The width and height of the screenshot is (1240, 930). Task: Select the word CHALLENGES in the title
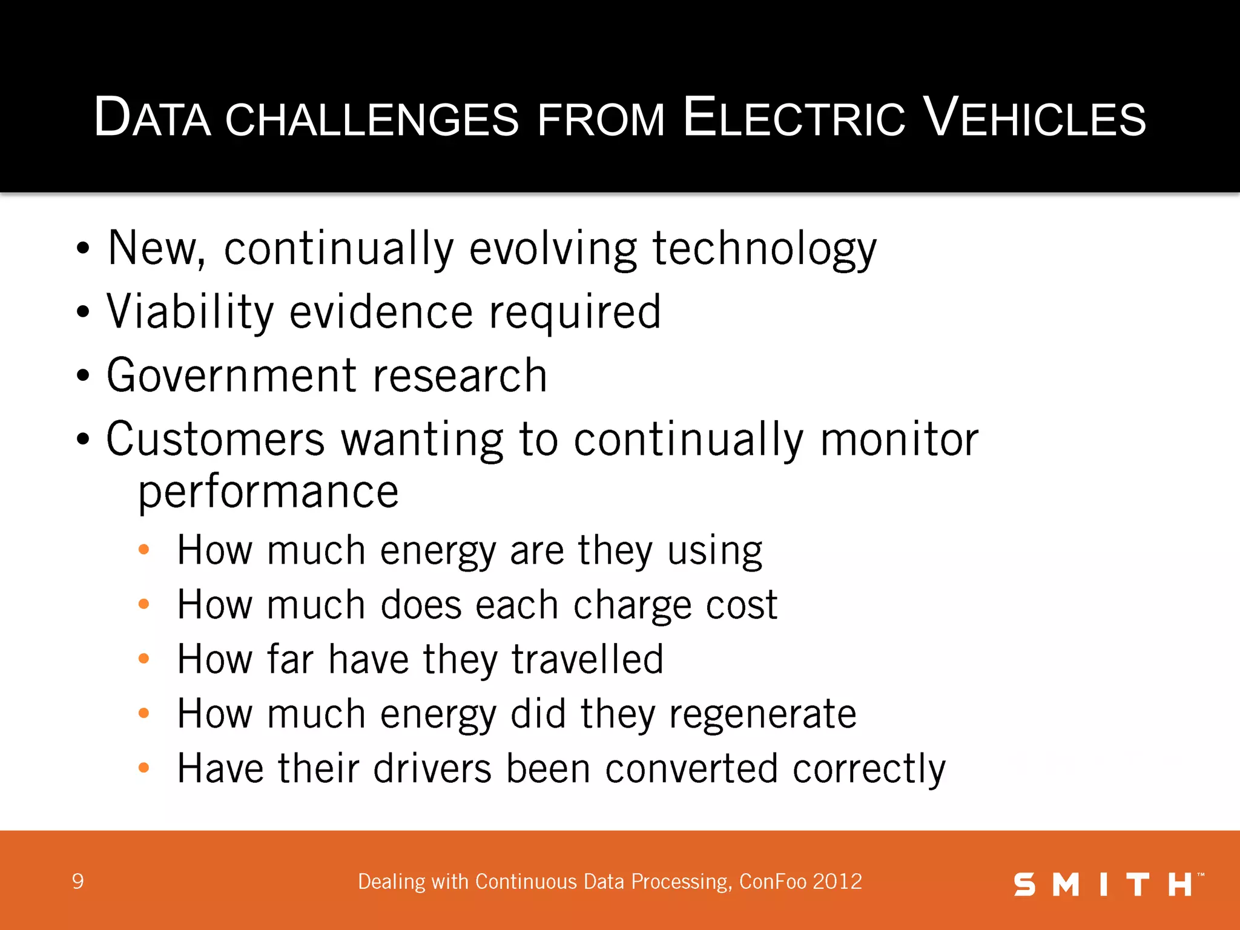coord(372,119)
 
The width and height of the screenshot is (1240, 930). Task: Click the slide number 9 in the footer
coord(77,882)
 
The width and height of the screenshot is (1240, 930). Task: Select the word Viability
coord(190,312)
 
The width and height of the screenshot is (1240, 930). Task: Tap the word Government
coord(232,375)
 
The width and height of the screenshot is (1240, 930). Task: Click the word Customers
coord(215,439)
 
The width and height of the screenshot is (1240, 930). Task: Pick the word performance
coord(268,492)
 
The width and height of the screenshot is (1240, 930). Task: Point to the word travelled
coord(587,659)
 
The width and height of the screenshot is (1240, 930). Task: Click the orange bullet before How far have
coord(143,659)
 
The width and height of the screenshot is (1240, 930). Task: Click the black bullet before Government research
coord(83,375)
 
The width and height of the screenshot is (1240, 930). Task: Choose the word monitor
coord(899,439)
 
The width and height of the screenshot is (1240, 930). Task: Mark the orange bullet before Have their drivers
coord(143,768)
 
